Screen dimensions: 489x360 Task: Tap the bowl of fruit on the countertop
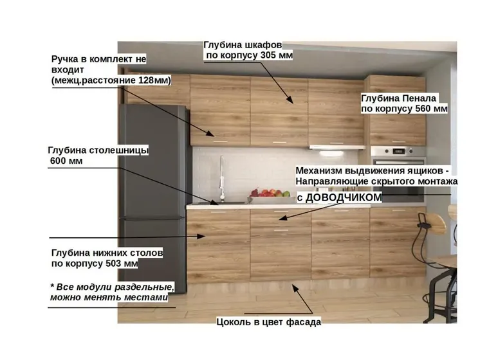270,195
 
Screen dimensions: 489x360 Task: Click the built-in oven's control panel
398,152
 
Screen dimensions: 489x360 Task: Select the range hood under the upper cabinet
337,147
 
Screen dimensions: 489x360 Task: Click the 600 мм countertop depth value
66,161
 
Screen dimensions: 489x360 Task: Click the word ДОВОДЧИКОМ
344,197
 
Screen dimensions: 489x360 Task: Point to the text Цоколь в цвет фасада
268,322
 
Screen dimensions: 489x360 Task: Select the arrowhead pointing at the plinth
295,288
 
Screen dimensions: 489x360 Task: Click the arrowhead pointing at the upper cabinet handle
210,134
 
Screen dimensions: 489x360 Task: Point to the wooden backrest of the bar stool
435,222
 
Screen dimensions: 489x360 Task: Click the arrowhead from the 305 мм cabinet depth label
290,100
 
